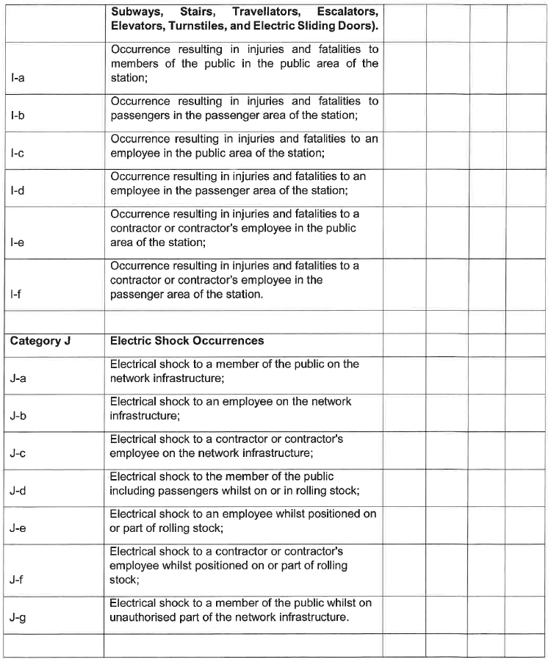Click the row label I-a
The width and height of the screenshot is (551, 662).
18,78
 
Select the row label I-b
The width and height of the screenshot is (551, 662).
18,116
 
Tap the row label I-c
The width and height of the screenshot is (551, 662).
18,154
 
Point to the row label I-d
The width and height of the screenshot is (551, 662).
18,191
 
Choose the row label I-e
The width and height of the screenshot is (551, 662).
18,242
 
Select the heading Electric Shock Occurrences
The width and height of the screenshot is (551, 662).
187,341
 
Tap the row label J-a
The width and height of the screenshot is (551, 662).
18,379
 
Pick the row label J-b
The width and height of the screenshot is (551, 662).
18,417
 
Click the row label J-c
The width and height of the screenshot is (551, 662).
18,453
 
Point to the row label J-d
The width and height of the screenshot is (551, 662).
18,491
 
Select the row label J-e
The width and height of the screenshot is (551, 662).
18,528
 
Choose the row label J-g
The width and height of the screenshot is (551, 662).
18,617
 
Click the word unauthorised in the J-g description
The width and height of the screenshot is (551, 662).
146,617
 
